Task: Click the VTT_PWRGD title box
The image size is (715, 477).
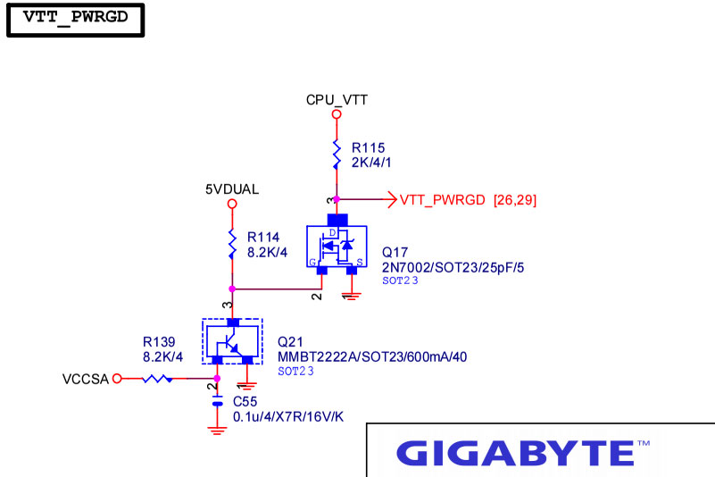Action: pyautogui.click(x=75, y=20)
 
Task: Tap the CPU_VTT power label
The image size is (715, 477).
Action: pyautogui.click(x=337, y=100)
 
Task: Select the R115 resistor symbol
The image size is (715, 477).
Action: pyautogui.click(x=337, y=155)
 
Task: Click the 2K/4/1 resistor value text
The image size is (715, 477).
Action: pyautogui.click(x=371, y=163)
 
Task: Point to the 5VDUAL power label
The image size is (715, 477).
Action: pyautogui.click(x=232, y=189)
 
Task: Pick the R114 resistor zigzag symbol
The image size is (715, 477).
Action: pyautogui.click(x=232, y=244)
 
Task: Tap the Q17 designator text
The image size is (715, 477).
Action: pyautogui.click(x=395, y=253)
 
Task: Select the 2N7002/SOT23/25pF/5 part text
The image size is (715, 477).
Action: pyautogui.click(x=453, y=267)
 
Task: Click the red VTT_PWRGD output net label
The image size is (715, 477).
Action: pyautogui.click(x=443, y=200)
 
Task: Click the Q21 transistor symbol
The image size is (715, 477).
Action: pyautogui.click(x=233, y=341)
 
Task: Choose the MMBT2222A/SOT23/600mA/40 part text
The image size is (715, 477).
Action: pyautogui.click(x=372, y=357)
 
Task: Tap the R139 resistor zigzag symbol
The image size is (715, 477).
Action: pyautogui.click(x=157, y=379)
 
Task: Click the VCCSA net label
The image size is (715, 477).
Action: pyautogui.click(x=86, y=380)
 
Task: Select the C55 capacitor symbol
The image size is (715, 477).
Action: pyautogui.click(x=218, y=402)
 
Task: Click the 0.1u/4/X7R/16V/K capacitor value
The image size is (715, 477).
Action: pyautogui.click(x=288, y=417)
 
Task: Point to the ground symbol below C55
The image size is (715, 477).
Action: pyautogui.click(x=217, y=431)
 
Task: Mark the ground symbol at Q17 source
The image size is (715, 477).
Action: pyautogui.click(x=352, y=296)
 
